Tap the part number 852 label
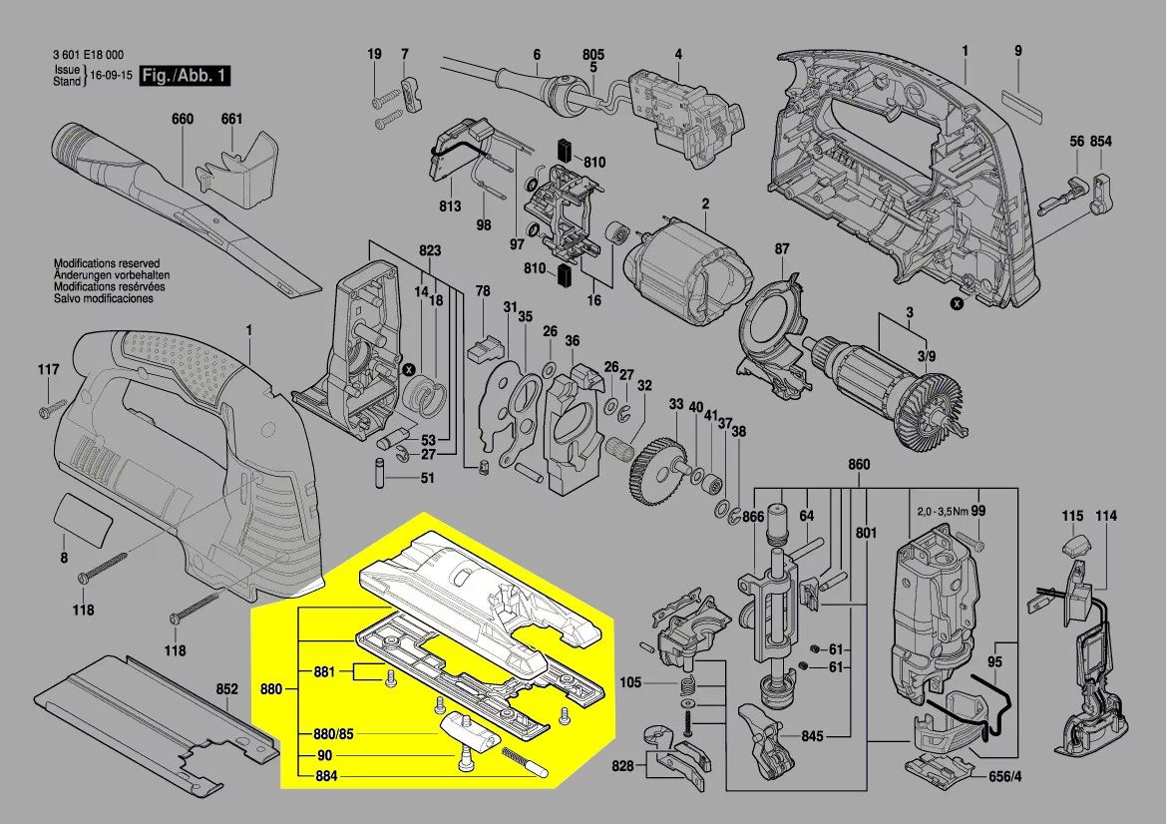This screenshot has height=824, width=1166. pyautogui.click(x=227, y=689)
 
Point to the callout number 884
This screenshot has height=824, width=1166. pyautogui.click(x=325, y=775)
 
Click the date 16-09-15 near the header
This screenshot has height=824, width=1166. pyautogui.click(x=111, y=75)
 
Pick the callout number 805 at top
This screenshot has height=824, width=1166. pyautogui.click(x=593, y=54)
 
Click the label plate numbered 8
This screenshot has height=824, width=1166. pyautogui.click(x=85, y=519)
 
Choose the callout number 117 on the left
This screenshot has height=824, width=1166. pyautogui.click(x=49, y=370)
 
